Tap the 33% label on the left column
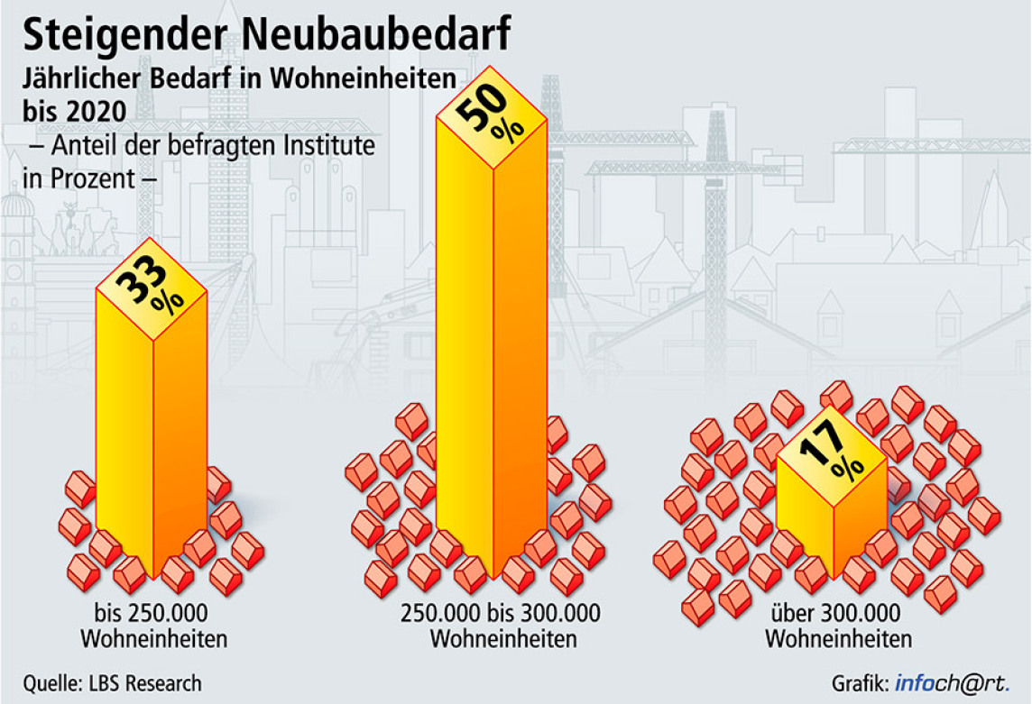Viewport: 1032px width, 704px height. pyautogui.click(x=149, y=284)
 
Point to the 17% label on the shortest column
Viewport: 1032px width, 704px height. pyautogui.click(x=831, y=451)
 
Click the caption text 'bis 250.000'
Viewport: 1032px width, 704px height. pyautogui.click(x=151, y=613)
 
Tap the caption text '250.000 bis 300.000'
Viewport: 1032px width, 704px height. pyautogui.click(x=500, y=613)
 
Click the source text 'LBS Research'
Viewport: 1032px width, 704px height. pyautogui.click(x=145, y=683)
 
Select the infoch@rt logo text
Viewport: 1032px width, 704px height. pyautogui.click(x=953, y=683)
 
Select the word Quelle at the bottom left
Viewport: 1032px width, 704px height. pyautogui.click(x=52, y=683)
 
